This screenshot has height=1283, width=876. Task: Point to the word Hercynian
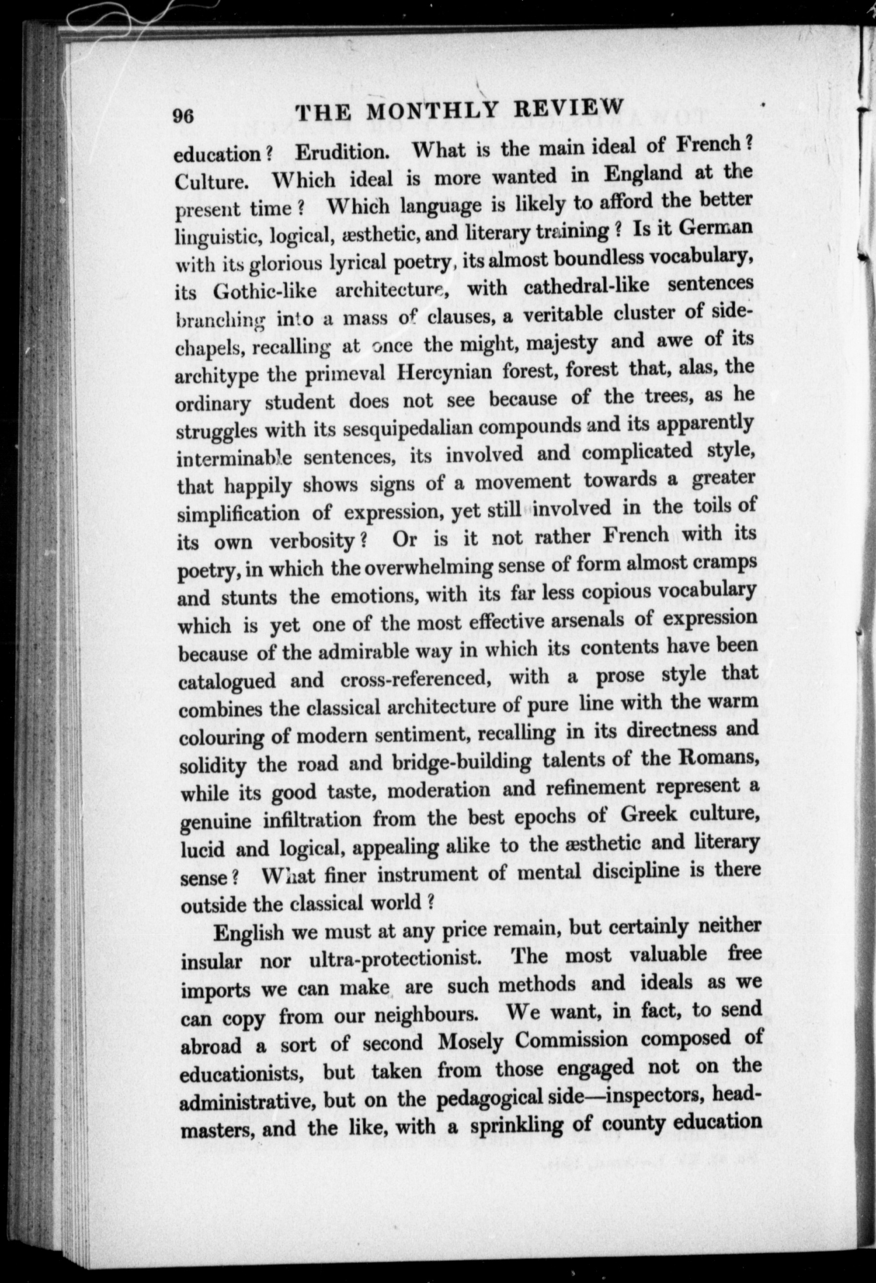coord(444,372)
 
